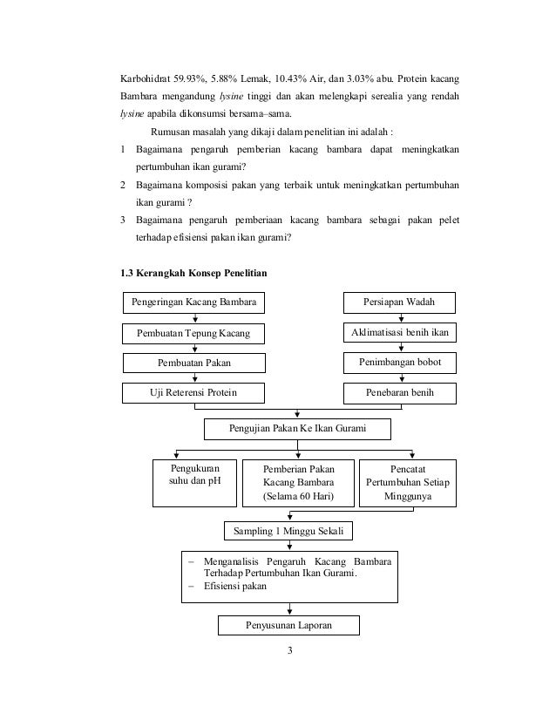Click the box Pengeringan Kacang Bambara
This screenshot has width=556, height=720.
click(x=193, y=302)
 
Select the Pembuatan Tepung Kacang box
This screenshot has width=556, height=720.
click(x=193, y=333)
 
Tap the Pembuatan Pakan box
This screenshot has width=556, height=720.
click(x=193, y=363)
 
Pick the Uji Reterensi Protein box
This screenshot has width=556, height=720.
click(x=193, y=393)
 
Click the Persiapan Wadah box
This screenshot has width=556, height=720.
click(x=400, y=302)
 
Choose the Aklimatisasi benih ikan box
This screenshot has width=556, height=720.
click(x=400, y=333)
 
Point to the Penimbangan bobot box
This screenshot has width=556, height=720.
click(x=400, y=363)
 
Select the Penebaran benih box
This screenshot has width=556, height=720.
click(x=400, y=393)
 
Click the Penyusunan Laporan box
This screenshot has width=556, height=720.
click(x=288, y=626)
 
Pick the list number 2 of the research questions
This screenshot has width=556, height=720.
click(x=124, y=187)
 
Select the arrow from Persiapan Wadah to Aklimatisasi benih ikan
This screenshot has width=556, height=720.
click(x=400, y=318)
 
